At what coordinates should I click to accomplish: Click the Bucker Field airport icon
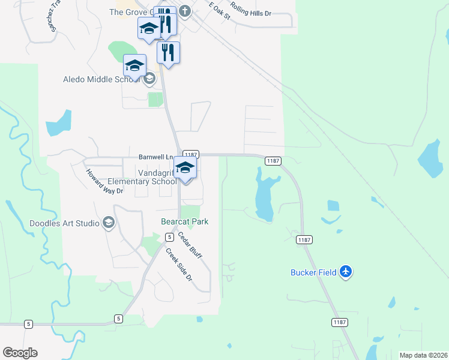345,272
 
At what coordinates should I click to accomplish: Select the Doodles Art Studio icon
109,223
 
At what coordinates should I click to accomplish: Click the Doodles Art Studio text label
65,223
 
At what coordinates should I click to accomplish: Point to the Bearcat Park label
185,221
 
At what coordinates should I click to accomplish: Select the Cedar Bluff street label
190,245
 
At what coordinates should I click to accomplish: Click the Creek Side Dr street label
179,265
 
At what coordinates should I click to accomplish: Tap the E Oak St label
220,11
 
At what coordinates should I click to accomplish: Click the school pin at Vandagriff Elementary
185,168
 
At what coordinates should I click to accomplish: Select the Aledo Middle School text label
102,79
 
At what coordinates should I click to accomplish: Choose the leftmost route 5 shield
28,324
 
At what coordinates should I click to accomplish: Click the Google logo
20,353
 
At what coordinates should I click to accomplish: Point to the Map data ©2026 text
423,355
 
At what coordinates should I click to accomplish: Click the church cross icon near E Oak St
185,11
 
